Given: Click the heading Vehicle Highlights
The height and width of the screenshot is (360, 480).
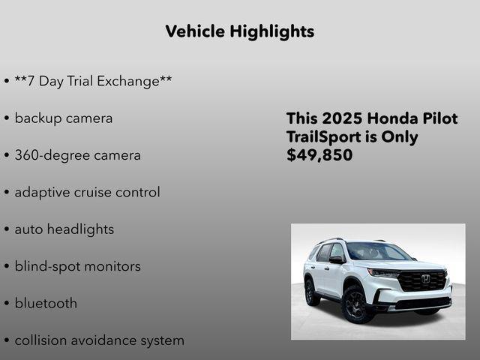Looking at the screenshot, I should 239,31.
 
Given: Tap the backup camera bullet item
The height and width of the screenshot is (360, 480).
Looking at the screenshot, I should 64,118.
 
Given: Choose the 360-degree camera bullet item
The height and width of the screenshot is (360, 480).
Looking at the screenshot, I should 77,155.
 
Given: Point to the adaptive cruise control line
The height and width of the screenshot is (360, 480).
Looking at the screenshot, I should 87,192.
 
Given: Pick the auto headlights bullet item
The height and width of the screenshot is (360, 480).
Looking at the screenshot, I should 64,229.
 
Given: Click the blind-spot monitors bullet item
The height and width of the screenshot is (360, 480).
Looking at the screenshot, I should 77,266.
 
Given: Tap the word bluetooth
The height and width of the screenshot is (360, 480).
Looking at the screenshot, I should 46,303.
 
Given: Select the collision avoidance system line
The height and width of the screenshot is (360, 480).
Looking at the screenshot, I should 99,340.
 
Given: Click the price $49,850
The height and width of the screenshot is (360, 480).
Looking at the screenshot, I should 319,155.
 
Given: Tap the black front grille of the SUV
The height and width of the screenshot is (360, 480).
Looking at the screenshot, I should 422,281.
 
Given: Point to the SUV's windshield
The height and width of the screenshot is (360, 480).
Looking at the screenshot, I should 377,252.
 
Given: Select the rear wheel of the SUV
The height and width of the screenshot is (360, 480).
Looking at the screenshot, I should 311,292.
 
